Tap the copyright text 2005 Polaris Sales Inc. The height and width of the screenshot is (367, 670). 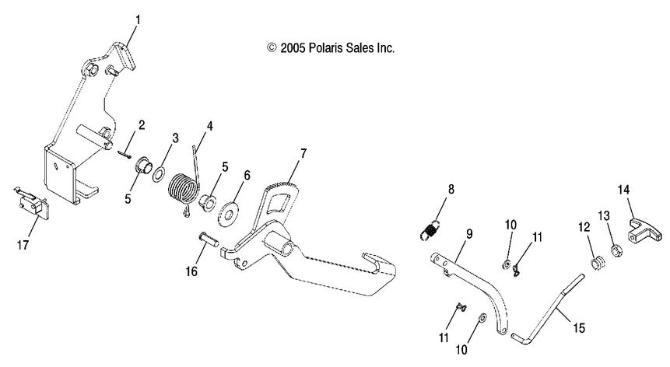click(331, 47)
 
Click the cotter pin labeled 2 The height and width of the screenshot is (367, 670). click(125, 155)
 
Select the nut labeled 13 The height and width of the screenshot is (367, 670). click(614, 250)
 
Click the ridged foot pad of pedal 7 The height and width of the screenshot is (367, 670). click(282, 187)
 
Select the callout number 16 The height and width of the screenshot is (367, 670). click(191, 271)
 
